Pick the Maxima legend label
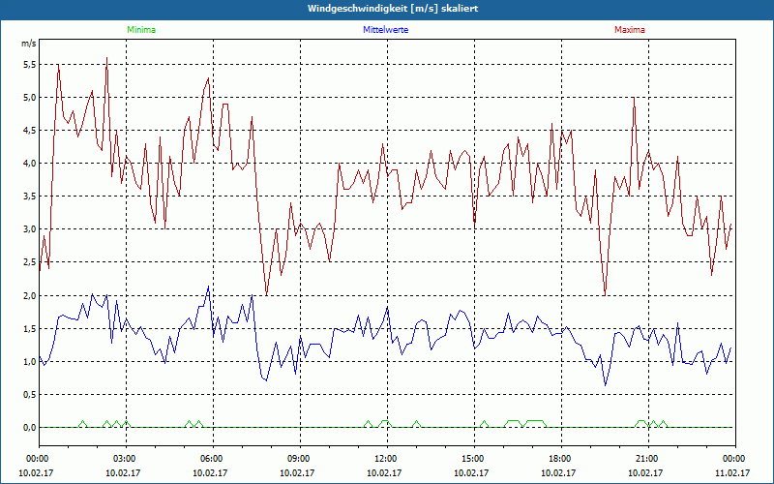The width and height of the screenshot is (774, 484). pyautogui.click(x=629, y=30)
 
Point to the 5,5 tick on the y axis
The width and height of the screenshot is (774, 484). pyautogui.click(x=28, y=65)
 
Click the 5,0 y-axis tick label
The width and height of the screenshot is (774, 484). pyautogui.click(x=28, y=98)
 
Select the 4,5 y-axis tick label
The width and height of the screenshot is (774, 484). pyautogui.click(x=28, y=131)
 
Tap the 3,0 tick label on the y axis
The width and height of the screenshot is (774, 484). pyautogui.click(x=28, y=229)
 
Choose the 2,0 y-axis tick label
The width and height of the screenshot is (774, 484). pyautogui.click(x=28, y=295)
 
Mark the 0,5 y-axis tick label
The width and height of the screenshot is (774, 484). pyautogui.click(x=28, y=395)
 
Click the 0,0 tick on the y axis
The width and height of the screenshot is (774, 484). pyautogui.click(x=28, y=428)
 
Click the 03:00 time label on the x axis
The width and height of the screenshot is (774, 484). pyautogui.click(x=125, y=459)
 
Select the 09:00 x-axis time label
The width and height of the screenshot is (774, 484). pyautogui.click(x=299, y=459)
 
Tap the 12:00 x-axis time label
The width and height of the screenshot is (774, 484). pyautogui.click(x=386, y=459)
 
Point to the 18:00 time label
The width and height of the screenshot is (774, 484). pyautogui.click(x=560, y=459)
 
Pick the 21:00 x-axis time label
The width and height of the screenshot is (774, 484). pyautogui.click(x=647, y=459)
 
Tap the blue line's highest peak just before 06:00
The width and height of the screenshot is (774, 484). pyautogui.click(x=208, y=287)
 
